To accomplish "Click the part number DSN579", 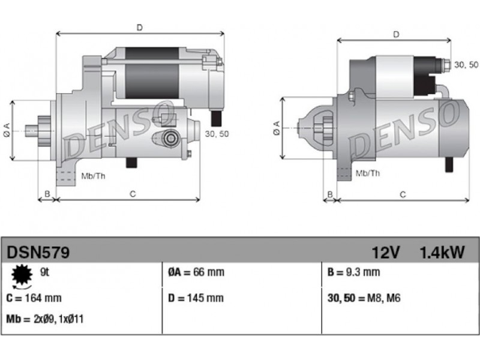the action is (38, 253).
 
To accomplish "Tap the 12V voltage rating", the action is (386, 253).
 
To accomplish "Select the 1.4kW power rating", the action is (442, 253).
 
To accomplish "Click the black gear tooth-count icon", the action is (22, 275).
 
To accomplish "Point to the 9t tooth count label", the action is (44, 272).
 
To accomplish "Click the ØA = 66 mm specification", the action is (196, 272).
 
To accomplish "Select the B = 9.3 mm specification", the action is (353, 272).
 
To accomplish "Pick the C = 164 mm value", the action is (34, 298).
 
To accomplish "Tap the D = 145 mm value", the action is (196, 298).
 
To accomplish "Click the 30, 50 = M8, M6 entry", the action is (364, 298).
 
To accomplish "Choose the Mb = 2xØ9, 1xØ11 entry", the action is (44, 319).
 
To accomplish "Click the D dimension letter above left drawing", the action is (140, 28).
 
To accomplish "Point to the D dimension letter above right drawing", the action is (396, 35).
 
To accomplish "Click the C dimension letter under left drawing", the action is (133, 194).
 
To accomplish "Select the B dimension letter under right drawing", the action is (330, 194).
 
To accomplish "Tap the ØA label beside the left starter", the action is (7, 130).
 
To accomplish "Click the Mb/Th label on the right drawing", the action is (368, 173).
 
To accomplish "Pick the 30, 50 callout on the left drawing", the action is (217, 134).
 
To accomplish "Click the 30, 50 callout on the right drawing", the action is (466, 65).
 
